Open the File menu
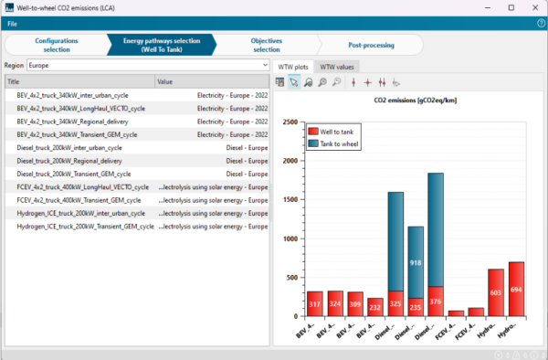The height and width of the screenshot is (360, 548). click(x=13, y=22)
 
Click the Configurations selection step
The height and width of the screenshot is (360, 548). click(x=56, y=45)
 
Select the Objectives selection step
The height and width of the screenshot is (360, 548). click(x=266, y=45)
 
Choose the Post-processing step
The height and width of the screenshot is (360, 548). click(x=371, y=45)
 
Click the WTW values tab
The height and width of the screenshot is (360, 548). click(x=337, y=67)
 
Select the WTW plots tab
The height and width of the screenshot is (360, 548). click(x=292, y=67)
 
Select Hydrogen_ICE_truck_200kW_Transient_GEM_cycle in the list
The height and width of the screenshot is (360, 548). click(x=85, y=226)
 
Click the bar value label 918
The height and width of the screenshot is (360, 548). click(x=416, y=263)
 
